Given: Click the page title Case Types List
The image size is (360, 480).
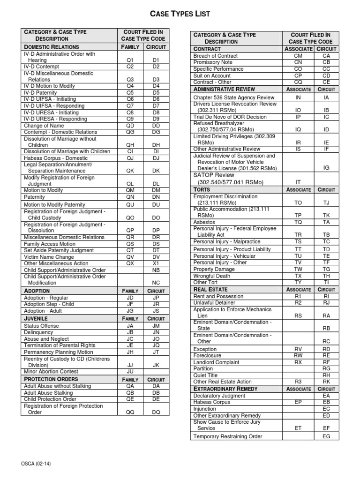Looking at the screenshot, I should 180,15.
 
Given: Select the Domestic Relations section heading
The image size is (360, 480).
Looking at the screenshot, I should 52,47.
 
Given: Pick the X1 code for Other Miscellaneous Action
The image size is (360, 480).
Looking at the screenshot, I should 156,263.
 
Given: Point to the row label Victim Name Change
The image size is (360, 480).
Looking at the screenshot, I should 49,257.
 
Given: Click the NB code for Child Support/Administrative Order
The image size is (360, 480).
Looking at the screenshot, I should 156,270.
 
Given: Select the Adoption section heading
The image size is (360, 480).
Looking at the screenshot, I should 37,291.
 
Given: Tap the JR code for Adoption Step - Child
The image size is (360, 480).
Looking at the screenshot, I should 156,304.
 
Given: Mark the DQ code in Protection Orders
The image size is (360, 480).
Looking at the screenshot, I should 156,412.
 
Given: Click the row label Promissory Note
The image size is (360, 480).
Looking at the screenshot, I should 213,62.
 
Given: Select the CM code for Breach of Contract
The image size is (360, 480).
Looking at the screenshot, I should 298,55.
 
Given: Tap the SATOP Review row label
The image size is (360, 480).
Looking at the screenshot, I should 213,175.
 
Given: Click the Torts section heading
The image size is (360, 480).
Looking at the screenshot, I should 202,189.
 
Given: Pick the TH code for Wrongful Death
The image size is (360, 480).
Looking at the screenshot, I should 327,276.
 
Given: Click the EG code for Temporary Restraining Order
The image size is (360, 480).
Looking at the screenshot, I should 327,436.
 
